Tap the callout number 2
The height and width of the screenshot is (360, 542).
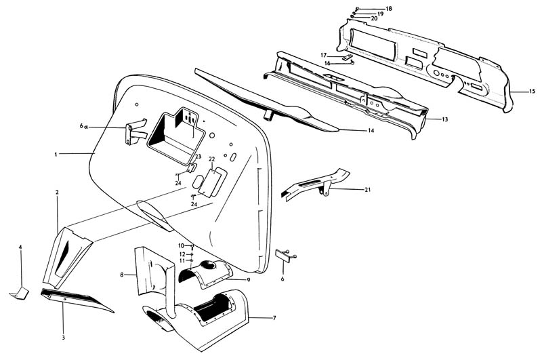[x=57, y=193]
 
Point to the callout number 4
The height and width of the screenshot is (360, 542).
[x=20, y=247]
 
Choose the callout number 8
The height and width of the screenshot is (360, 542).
[x=122, y=275]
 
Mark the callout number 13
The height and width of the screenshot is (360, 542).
[x=445, y=119]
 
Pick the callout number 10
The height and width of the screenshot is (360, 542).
[x=182, y=245]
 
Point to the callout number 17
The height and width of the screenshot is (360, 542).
[x=324, y=55]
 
